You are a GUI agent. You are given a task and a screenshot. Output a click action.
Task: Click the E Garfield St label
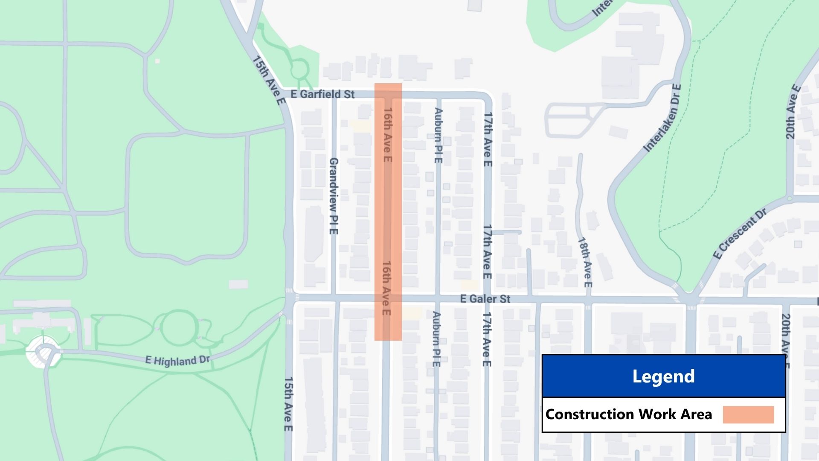322,94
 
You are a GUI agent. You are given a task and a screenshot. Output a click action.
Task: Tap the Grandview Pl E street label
334,196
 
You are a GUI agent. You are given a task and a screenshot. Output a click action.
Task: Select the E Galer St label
485,299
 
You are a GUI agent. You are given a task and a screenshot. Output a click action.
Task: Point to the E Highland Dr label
177,361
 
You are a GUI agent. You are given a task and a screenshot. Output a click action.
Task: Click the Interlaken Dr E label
662,118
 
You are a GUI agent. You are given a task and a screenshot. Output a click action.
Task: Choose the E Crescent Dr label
740,233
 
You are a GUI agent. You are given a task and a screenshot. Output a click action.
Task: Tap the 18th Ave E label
585,262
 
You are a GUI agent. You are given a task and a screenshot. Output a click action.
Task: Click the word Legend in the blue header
663,376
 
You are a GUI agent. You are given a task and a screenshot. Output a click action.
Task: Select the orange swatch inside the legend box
748,414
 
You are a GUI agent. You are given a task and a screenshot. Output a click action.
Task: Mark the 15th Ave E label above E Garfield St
268,80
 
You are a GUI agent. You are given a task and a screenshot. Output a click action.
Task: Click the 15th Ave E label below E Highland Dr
289,404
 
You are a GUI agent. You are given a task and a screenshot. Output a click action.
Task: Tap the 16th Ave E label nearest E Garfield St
387,134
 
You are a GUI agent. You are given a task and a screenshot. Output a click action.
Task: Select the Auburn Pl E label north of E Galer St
438,135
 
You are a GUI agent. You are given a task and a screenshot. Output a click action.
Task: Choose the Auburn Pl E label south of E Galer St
436,339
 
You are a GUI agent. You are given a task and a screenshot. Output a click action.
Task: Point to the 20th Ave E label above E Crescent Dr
792,112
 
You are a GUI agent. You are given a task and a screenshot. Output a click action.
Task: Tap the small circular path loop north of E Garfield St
299,68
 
